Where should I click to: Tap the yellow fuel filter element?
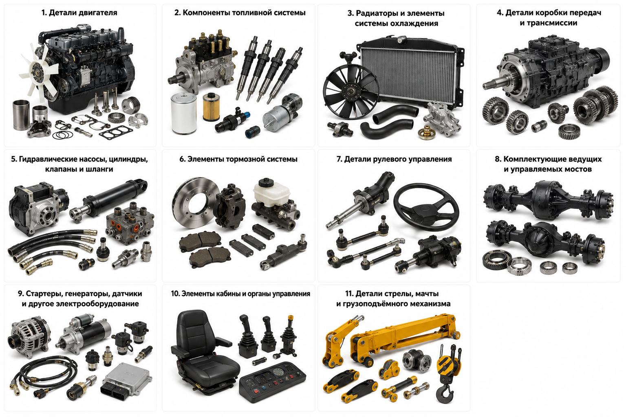pos(211,107)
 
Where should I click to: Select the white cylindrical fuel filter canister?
pos(183,113)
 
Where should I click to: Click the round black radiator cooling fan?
pos(350,92)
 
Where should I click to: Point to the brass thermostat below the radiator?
pos(427,132)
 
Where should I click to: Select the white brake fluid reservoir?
pos(271,191)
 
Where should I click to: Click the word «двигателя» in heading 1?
pos(97,13)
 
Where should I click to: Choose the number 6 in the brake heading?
pos(182,159)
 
